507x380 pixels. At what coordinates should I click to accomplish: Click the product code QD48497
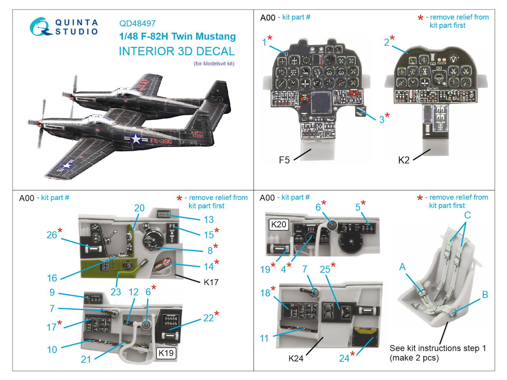(x=137, y=23)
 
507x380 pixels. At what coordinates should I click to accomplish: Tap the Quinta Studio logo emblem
(x=40, y=27)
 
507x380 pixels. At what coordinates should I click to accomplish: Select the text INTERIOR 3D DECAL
(x=176, y=51)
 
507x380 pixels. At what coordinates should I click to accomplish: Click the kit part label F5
(x=284, y=160)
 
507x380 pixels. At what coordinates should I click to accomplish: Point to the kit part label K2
(x=404, y=160)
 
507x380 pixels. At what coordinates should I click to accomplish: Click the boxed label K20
(x=279, y=225)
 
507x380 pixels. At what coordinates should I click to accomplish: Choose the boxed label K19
(x=166, y=353)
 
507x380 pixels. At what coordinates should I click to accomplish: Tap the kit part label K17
(x=211, y=282)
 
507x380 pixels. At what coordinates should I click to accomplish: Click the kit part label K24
(x=296, y=358)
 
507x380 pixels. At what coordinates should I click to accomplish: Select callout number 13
(x=209, y=219)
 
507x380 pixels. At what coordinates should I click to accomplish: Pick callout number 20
(x=139, y=208)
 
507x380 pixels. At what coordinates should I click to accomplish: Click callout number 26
(x=52, y=235)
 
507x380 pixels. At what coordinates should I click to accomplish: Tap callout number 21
(x=86, y=359)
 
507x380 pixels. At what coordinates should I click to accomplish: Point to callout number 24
(x=344, y=358)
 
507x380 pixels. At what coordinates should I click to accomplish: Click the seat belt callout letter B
(x=485, y=294)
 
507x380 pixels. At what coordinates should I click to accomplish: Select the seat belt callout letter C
(x=467, y=215)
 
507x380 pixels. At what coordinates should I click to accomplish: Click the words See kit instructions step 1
(x=438, y=348)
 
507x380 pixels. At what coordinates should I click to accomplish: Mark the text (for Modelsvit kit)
(x=214, y=64)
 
